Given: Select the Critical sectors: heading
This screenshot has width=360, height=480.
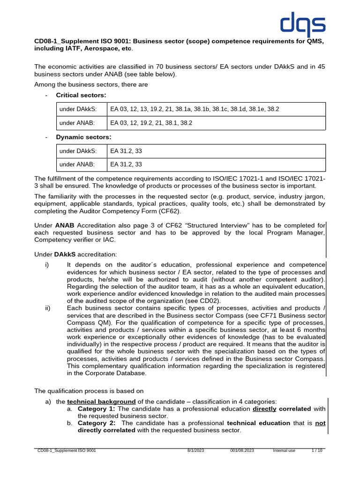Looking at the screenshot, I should pyautogui.click(x=81, y=95).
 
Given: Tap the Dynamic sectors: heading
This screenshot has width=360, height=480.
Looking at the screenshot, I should pyautogui.click(x=83, y=137).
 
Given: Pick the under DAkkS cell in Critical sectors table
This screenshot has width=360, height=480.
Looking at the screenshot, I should pyautogui.click(x=78, y=110).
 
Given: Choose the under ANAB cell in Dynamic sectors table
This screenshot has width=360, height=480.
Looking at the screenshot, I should pyautogui.click(x=77, y=165).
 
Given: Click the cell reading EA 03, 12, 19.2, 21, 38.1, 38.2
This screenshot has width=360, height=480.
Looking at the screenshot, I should pyautogui.click(x=151, y=123).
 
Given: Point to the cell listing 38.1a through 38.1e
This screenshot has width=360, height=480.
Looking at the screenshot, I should pyautogui.click(x=195, y=110).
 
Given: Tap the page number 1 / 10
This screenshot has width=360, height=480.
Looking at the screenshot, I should pyautogui.click(x=317, y=450).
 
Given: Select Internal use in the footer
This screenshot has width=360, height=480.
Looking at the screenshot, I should pyautogui.click(x=284, y=450).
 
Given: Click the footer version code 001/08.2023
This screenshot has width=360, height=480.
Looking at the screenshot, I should pyautogui.click(x=242, y=450).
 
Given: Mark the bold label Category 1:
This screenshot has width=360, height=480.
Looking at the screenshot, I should pyautogui.click(x=97, y=409).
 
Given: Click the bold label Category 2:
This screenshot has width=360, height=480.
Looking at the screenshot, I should pyautogui.click(x=97, y=423).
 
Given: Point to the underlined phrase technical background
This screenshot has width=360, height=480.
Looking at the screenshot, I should pyautogui.click(x=101, y=402).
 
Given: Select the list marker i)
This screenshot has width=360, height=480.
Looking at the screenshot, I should pyautogui.click(x=46, y=265).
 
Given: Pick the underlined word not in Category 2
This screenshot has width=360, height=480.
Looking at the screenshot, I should pyautogui.click(x=320, y=423).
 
